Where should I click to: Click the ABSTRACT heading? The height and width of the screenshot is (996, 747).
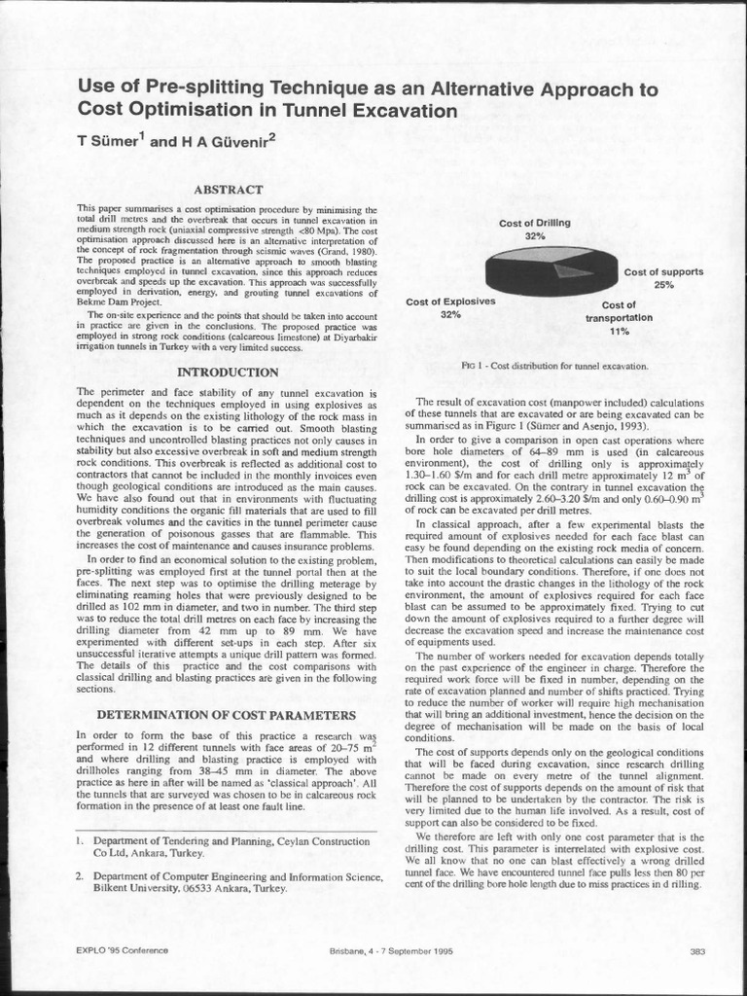225,191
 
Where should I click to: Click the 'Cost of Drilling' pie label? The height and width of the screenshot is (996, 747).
534,223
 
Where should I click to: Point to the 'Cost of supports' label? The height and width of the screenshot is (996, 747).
663,272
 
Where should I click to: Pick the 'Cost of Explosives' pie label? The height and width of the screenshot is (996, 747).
450,302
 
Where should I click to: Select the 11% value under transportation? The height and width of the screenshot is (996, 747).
620,331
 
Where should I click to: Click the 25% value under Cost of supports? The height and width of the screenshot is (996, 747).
663,285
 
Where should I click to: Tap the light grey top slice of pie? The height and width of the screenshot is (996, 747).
545,255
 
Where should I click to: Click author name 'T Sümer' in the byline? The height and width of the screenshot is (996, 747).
109,141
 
